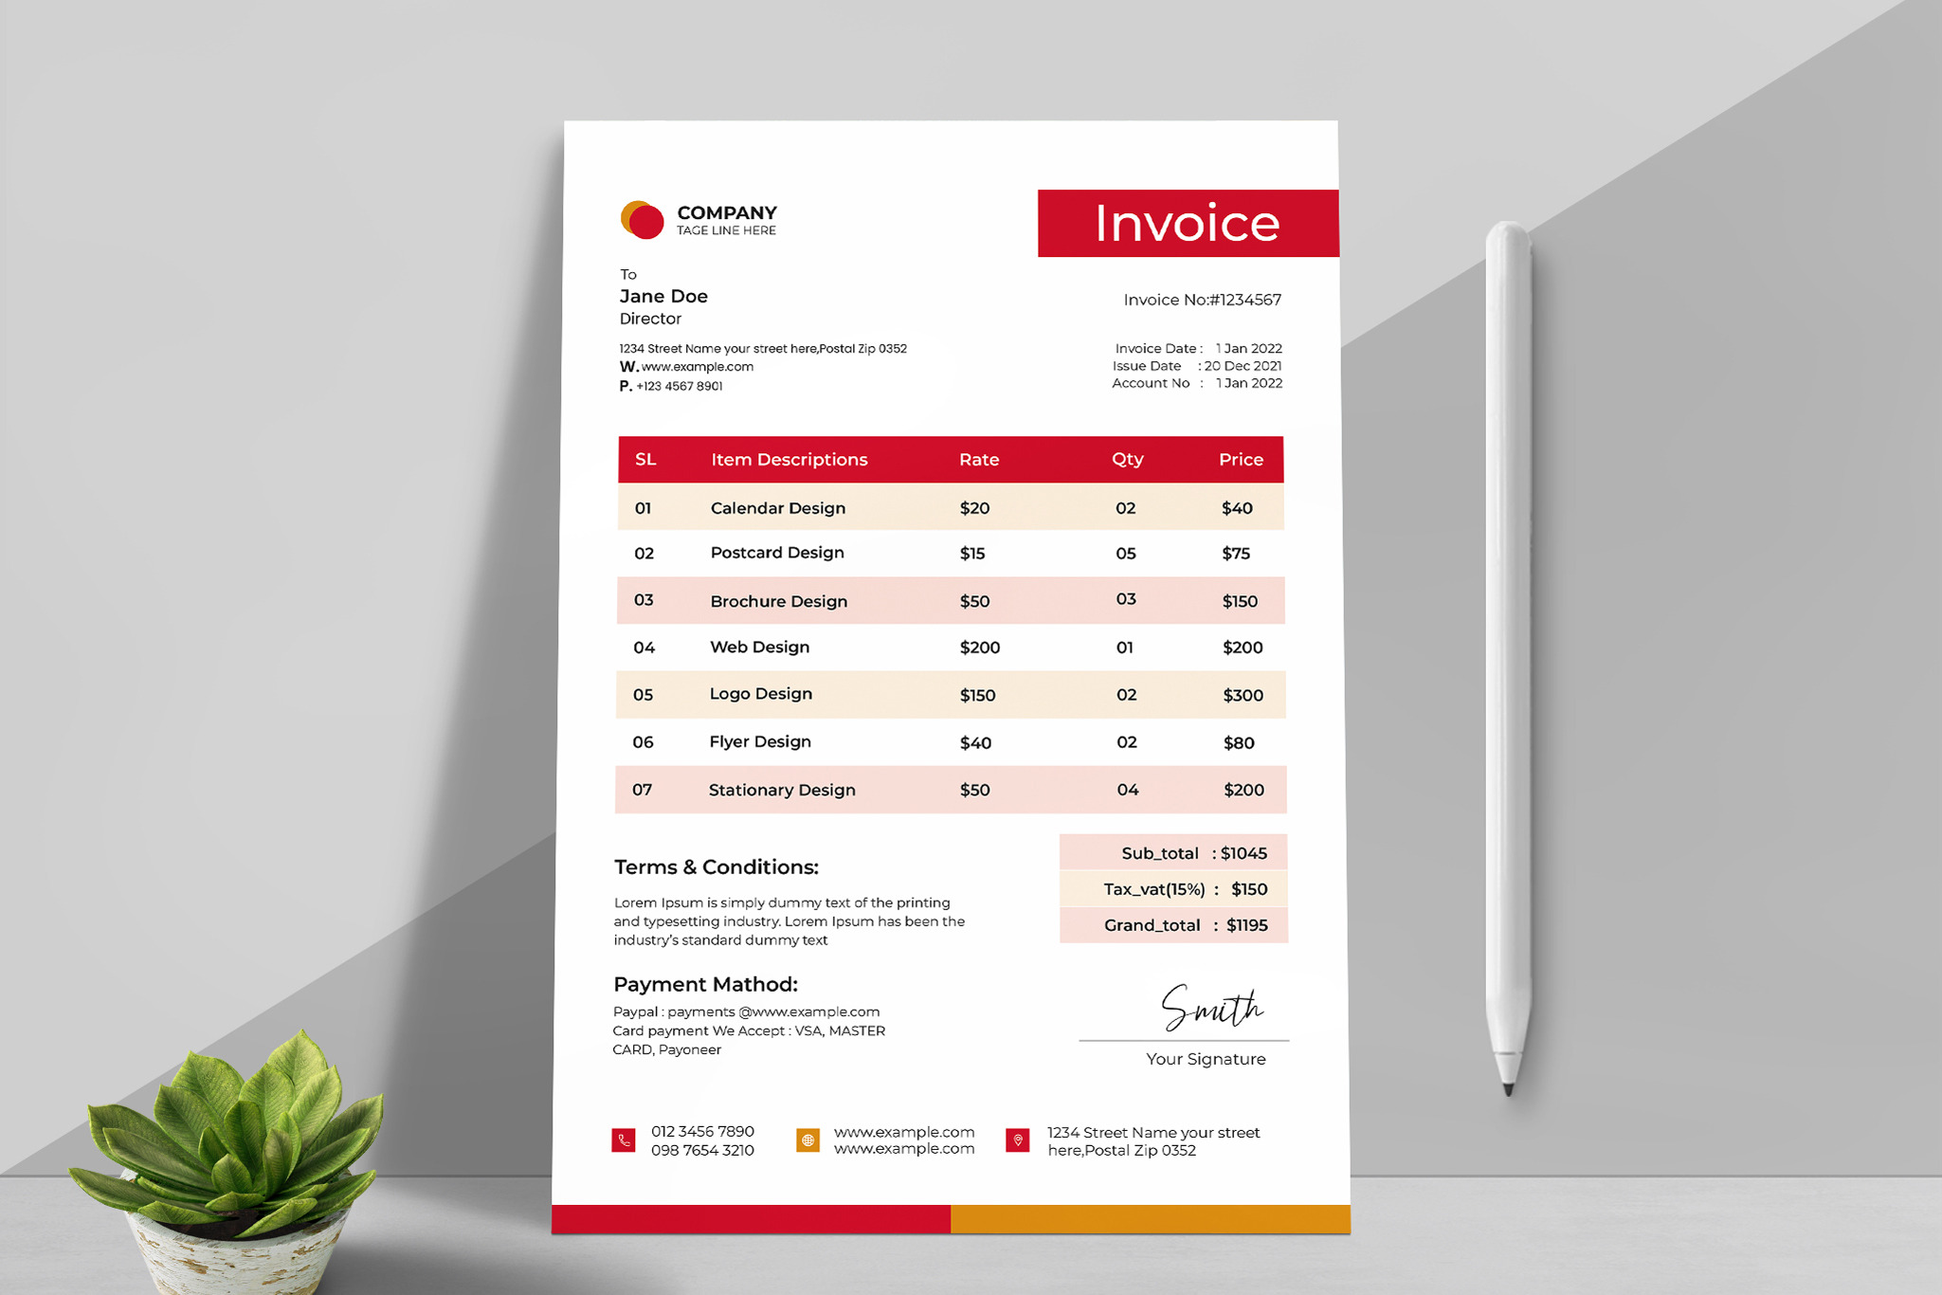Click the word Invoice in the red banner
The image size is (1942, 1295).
(1187, 224)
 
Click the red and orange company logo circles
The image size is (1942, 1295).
(643, 220)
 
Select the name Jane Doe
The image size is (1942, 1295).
(663, 297)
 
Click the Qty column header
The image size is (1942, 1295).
(1127, 460)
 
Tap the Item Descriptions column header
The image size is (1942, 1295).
(789, 460)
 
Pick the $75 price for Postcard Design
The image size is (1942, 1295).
(1235, 554)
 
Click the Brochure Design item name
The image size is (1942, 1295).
(778, 601)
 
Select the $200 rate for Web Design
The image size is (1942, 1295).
(979, 647)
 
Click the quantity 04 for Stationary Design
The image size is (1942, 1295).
(1127, 790)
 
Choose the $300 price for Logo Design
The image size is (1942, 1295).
(1243, 695)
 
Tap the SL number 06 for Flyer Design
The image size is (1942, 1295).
(643, 742)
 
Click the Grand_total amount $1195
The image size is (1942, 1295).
(1246, 925)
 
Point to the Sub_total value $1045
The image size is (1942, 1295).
(1243, 853)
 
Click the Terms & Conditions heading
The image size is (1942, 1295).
(716, 867)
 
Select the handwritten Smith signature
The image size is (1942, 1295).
(1211, 1009)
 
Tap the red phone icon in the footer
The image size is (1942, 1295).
(624, 1140)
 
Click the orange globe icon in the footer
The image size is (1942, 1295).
(808, 1140)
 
